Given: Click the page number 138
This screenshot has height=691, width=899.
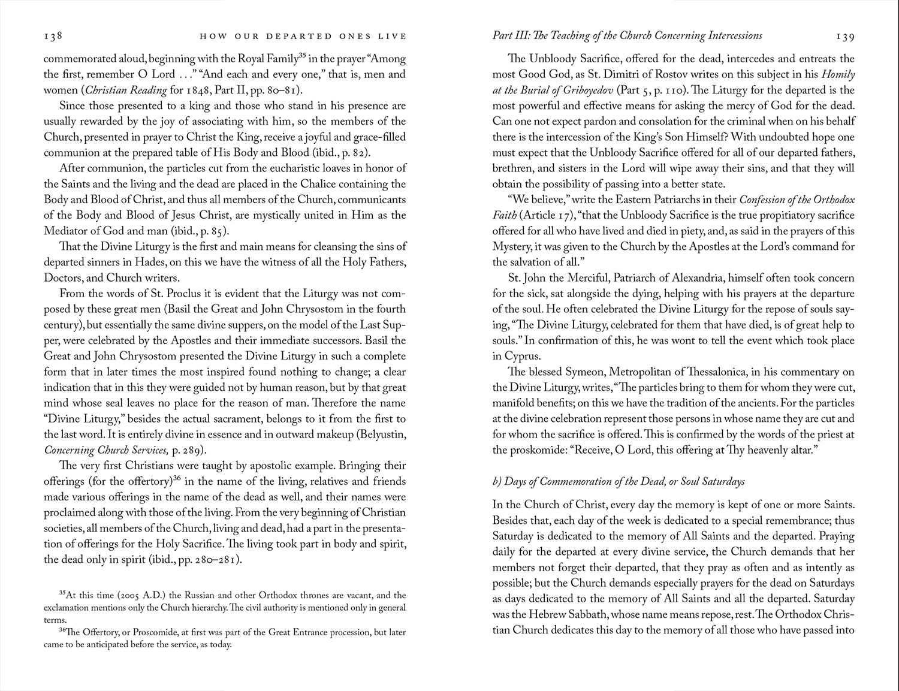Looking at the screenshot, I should (x=53, y=36).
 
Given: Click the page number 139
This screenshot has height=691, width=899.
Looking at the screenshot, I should (x=845, y=37).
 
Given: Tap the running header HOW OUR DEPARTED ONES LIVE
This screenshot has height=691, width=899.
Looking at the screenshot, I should (x=303, y=37).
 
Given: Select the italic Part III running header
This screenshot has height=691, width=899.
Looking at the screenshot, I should (x=627, y=35).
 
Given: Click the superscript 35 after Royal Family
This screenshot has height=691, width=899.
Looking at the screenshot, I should (x=303, y=56).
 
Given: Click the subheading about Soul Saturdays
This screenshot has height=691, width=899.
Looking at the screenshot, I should (x=619, y=481).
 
